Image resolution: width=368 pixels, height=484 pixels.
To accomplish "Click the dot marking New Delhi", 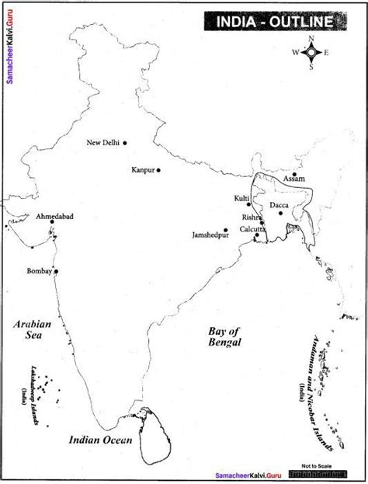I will (124, 142).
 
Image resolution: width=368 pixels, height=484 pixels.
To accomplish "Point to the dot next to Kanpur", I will (158, 169).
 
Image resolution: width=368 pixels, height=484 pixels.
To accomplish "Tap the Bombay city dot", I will (56, 271).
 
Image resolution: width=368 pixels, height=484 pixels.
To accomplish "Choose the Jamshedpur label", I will (206, 234).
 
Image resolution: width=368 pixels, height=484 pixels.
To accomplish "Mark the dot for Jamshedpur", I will (226, 230).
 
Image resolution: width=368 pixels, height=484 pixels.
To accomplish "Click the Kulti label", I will (241, 199).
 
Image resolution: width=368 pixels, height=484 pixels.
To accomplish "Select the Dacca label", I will (279, 206).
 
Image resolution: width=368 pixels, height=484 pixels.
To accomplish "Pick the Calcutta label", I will (251, 229).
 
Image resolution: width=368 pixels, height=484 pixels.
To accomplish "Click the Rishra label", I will (249, 218).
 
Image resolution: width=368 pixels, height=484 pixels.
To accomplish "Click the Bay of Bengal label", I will (225, 336).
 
